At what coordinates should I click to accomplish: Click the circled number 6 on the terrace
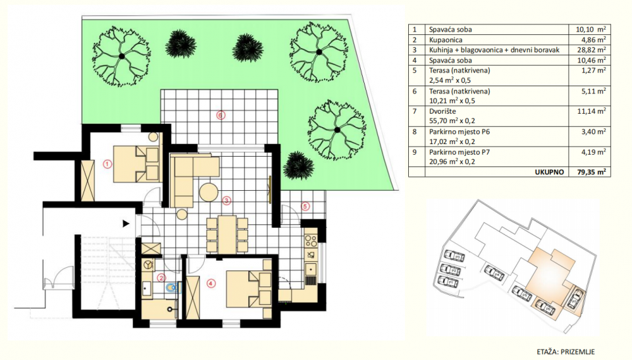(220, 115)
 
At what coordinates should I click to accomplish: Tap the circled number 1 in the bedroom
(107, 164)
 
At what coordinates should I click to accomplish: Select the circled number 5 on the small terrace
(305, 207)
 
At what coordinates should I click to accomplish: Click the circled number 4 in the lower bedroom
(211, 284)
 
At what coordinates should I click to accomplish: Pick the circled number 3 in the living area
(226, 200)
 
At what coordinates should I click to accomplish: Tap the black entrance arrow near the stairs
(126, 223)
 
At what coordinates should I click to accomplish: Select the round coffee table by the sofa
(209, 193)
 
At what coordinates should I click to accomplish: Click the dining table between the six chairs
(227, 234)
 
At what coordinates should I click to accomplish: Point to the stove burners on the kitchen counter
(311, 241)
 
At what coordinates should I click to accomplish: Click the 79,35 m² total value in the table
(591, 172)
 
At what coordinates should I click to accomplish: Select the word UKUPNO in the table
(550, 172)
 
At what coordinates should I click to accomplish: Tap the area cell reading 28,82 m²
(591, 50)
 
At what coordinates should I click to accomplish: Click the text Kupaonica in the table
(446, 40)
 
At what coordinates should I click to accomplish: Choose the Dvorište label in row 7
(442, 111)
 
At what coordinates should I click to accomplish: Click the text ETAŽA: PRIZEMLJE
(566, 352)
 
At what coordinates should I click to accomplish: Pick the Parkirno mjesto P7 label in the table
(460, 152)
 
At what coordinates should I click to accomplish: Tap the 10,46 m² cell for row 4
(591, 61)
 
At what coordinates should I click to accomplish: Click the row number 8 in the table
(415, 132)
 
